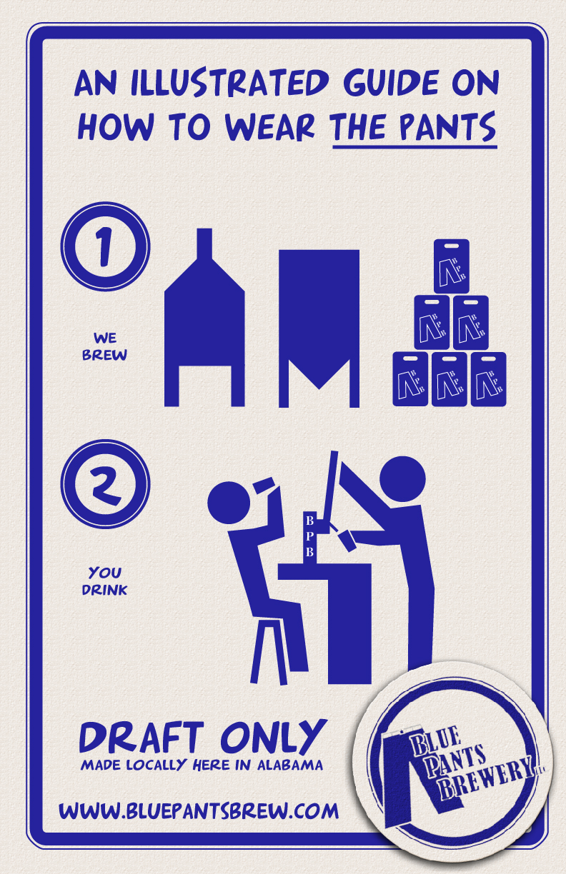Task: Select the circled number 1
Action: (105, 246)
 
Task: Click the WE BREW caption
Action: (104, 346)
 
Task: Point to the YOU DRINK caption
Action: (104, 581)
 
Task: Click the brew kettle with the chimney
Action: (204, 318)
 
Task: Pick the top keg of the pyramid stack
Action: (451, 266)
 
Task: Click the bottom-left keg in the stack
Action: (410, 379)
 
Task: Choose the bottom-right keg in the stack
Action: (488, 379)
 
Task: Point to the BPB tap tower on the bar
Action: (309, 537)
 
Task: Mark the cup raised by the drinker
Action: (264, 486)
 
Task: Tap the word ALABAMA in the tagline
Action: (290, 765)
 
